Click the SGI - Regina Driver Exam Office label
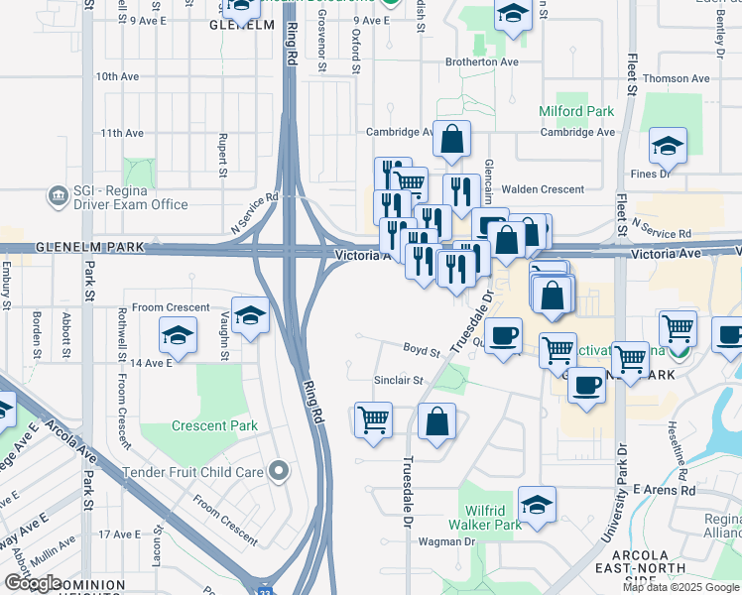point(129,197)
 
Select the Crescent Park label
point(214,426)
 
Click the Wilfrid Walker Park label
point(485,517)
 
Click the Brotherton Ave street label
point(482,61)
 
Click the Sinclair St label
point(399,380)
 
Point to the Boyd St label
point(422,349)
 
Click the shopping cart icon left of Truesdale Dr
point(373,419)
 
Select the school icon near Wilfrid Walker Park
point(538,507)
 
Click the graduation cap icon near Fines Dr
point(668,146)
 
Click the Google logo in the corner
point(33,582)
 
